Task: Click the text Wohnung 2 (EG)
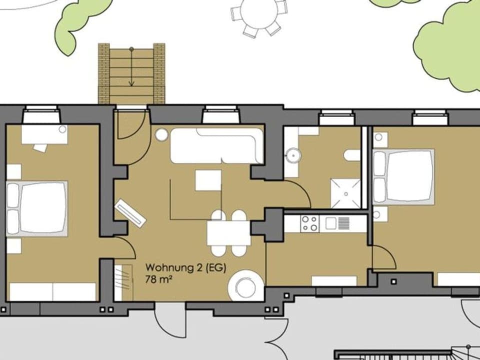[185, 267]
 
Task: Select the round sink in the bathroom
[291, 155]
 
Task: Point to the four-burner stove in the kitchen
[309, 223]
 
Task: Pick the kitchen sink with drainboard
[338, 223]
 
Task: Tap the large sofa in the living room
[216, 145]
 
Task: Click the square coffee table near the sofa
[208, 180]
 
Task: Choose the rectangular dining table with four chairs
[228, 233]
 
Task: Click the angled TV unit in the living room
[130, 212]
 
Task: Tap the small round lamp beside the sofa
[161, 134]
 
